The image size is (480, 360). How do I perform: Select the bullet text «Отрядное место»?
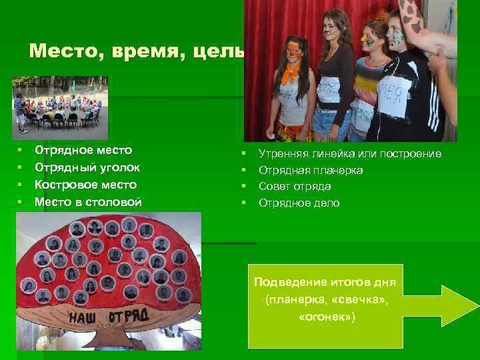83,151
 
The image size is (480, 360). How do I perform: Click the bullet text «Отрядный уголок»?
87,167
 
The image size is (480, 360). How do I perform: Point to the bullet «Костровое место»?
85,185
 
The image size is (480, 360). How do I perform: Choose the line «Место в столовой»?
87,201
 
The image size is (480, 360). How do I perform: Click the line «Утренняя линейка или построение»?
349,154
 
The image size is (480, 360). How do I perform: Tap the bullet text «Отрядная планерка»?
311,170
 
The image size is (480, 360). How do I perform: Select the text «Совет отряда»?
295,186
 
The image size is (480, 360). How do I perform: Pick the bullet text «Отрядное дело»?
299,203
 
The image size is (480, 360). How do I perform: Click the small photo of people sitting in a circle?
59,107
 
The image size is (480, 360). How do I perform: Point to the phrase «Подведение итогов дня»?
325,283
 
